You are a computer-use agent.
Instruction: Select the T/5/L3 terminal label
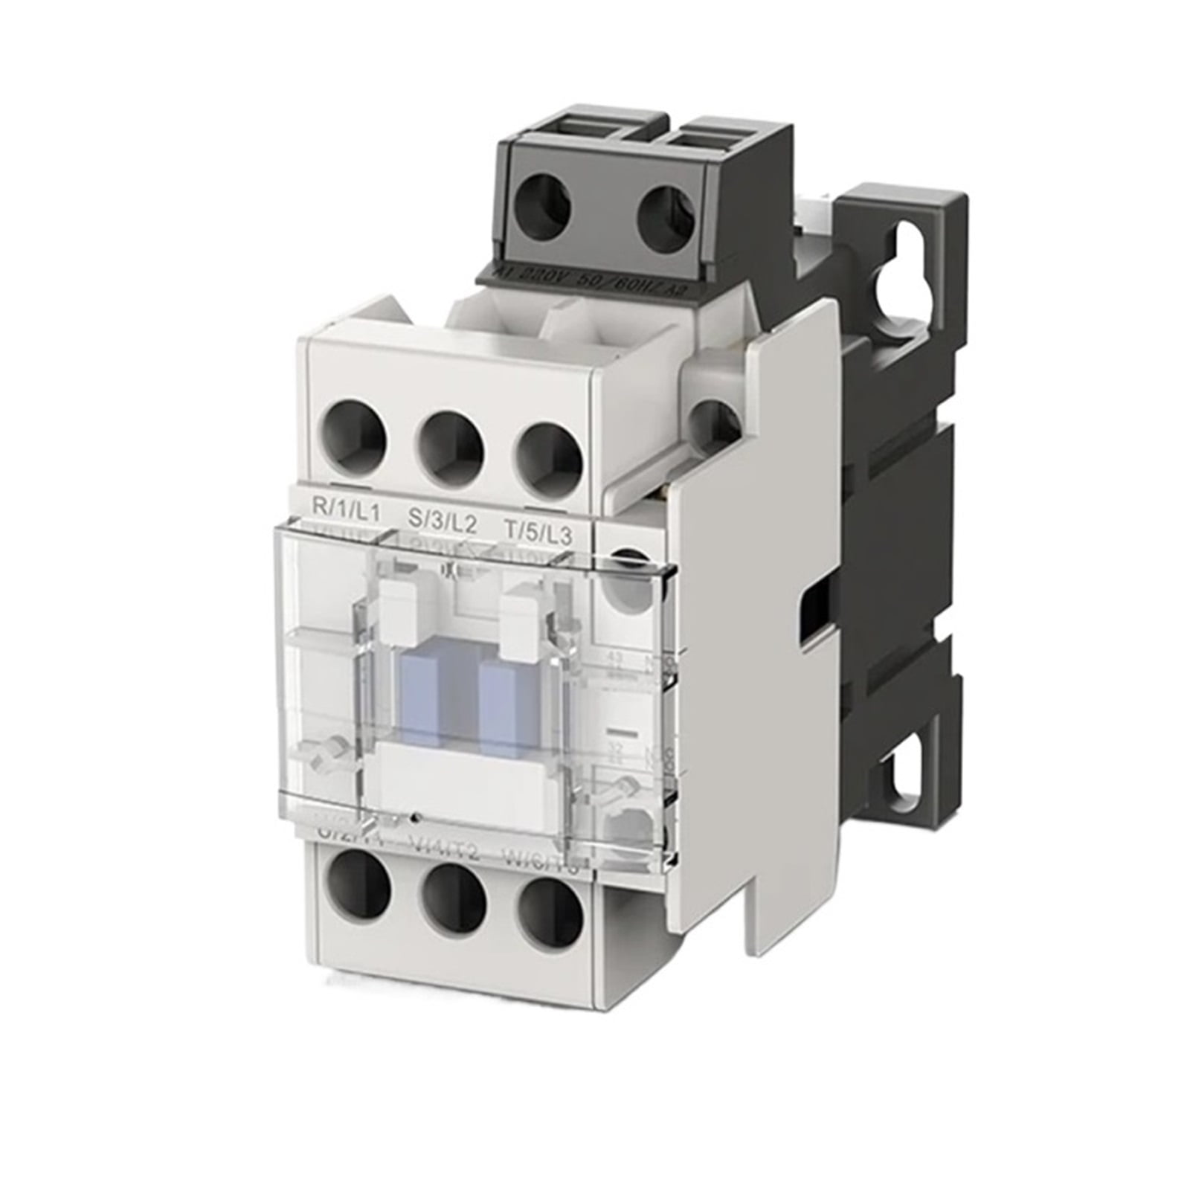pos(538,531)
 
